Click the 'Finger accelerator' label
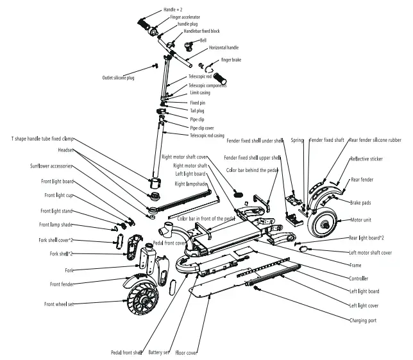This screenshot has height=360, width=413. click(182, 17)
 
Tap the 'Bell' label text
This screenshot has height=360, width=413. click(203, 40)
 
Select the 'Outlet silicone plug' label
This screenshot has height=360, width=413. click(118, 78)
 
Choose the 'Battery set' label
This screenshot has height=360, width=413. click(158, 352)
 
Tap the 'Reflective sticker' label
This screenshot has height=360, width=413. click(367, 159)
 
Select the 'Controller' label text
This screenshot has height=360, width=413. click(358, 279)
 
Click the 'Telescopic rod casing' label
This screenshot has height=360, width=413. click(207, 135)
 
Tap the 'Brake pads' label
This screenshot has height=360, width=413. click(360, 203)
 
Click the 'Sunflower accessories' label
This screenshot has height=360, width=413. click(52, 166)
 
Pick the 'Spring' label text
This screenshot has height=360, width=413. click(297, 140)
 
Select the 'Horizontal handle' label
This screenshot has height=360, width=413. click(223, 48)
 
